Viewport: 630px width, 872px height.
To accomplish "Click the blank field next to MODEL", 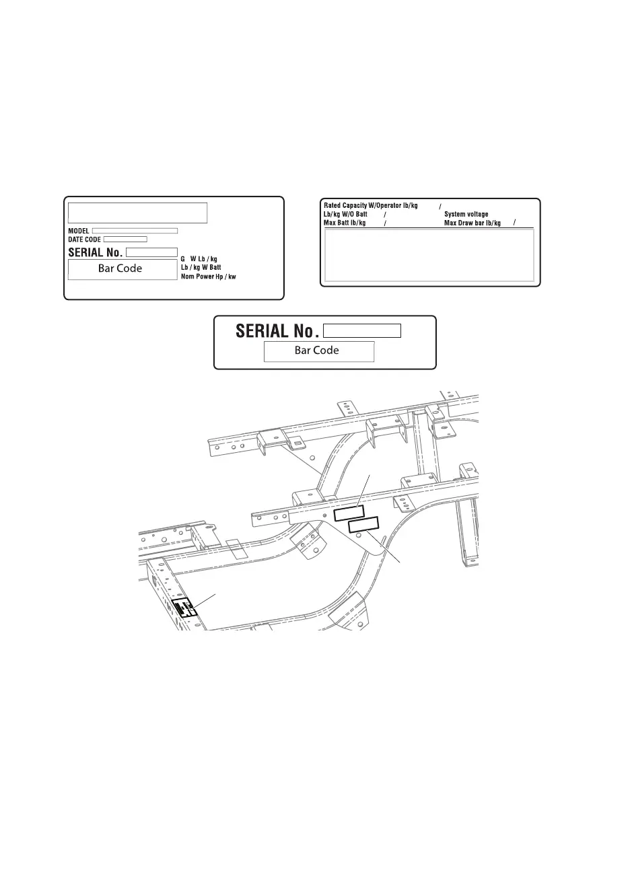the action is (135, 231).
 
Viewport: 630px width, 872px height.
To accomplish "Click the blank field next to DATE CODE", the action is (125, 240).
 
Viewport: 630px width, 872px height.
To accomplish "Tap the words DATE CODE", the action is (84, 240).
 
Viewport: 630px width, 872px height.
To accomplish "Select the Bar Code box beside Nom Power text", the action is (120, 269).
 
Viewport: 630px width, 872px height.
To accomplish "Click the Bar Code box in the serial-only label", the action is (318, 351).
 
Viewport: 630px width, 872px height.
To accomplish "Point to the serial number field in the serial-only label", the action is (361, 330).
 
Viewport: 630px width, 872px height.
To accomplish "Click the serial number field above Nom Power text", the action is (151, 252).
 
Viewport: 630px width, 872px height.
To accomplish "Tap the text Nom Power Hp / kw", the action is (208, 277).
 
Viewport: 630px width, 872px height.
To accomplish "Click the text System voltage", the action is (466, 214).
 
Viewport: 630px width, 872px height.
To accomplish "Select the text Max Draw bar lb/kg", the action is (473, 223).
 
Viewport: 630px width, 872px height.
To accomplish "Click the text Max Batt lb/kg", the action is (344, 223).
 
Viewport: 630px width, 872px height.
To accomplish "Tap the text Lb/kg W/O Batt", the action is (345, 214).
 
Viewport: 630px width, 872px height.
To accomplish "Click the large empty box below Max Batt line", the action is (429, 255).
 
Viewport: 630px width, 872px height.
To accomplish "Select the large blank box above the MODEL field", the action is (137, 212).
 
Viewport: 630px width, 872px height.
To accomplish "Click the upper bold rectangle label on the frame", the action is (349, 513).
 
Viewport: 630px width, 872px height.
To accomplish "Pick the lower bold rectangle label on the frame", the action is (364, 524).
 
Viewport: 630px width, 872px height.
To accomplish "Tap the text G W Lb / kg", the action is (199, 259).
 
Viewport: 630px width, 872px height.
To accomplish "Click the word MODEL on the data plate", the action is (79, 231).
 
